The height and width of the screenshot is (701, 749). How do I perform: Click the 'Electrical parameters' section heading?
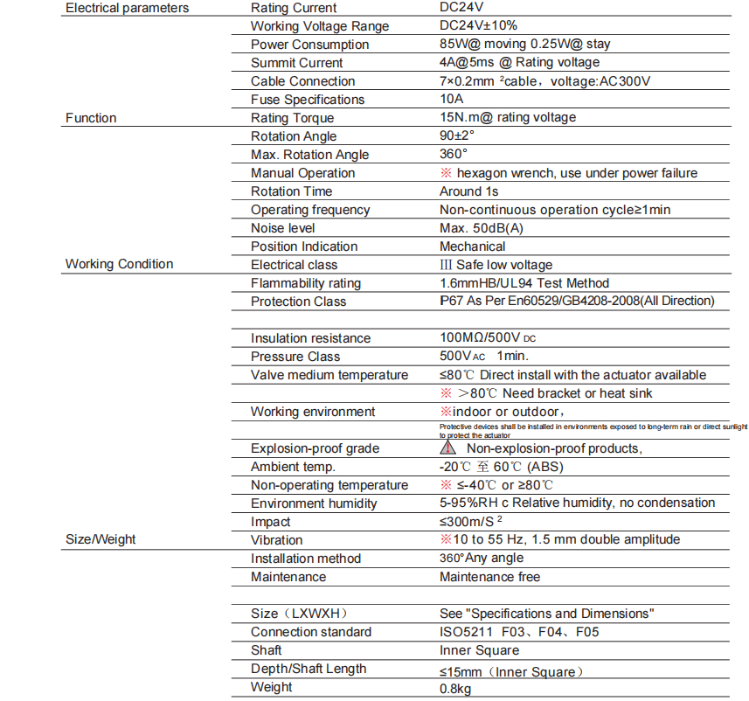[127, 8]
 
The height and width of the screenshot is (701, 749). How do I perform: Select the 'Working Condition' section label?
[119, 264]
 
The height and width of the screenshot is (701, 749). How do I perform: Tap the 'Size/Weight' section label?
[101, 539]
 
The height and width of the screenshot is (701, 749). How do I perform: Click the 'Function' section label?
[91, 118]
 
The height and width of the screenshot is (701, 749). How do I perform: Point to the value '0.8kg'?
[455, 688]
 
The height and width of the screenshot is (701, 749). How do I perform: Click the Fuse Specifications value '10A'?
[451, 100]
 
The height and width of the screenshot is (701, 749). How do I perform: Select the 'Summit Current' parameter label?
[296, 63]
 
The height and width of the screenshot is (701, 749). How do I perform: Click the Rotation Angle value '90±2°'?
[457, 136]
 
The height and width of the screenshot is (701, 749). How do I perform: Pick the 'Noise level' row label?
[282, 228]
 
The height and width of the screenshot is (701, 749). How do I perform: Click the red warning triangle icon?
[447, 448]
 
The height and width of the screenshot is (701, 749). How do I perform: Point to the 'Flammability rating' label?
[305, 283]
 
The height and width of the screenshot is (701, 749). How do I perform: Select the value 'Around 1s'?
[468, 191]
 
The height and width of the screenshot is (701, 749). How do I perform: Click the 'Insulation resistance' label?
[310, 338]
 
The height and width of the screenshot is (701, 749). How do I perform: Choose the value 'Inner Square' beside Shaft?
[479, 650]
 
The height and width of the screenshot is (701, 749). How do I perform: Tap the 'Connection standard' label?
[310, 632]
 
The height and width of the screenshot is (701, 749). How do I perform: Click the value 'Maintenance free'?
[489, 577]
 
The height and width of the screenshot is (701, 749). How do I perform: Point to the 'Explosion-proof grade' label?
[315, 448]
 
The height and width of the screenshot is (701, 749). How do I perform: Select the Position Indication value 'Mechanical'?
[472, 246]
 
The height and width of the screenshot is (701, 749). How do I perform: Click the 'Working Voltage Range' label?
[320, 26]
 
